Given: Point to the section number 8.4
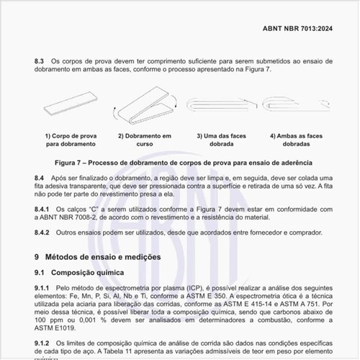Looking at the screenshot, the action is point(40,177).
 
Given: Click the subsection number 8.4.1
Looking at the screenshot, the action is point(43,208).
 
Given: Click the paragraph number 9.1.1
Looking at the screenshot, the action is point(43,287).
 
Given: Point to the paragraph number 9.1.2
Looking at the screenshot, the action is point(43,343).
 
